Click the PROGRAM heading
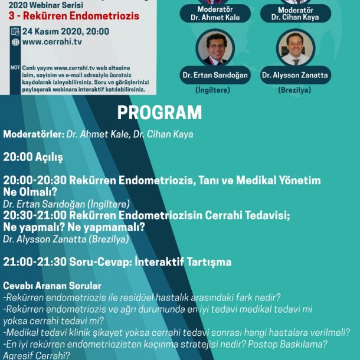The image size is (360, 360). pyautogui.click(x=159, y=113)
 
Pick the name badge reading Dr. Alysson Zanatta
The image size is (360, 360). pyautogui.click(x=295, y=76)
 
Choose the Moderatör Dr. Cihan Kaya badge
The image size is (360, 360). pyautogui.click(x=294, y=13)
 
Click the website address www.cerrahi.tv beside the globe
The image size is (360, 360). pyautogui.click(x=52, y=42)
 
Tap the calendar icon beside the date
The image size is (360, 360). pyautogui.click(x=15, y=31)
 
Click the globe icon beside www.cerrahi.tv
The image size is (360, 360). pyautogui.click(x=15, y=42)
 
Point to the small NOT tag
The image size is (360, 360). pyautogui.click(x=15, y=67)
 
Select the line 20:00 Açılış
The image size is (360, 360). pyautogui.click(x=32, y=158)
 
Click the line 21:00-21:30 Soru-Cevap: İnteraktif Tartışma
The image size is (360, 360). pyautogui.click(x=117, y=261)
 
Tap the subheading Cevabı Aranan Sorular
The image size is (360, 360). pyautogui.click(x=52, y=286)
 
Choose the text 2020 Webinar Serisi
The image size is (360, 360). pyautogui.click(x=50, y=4)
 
